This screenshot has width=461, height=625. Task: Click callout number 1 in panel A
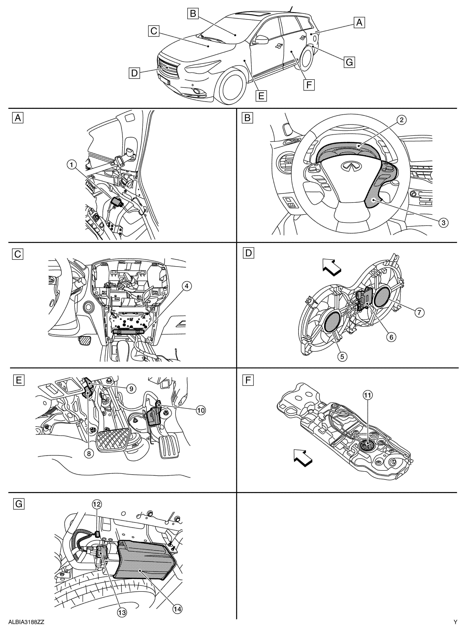point(72,165)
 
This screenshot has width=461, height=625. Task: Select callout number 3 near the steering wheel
point(443,222)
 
